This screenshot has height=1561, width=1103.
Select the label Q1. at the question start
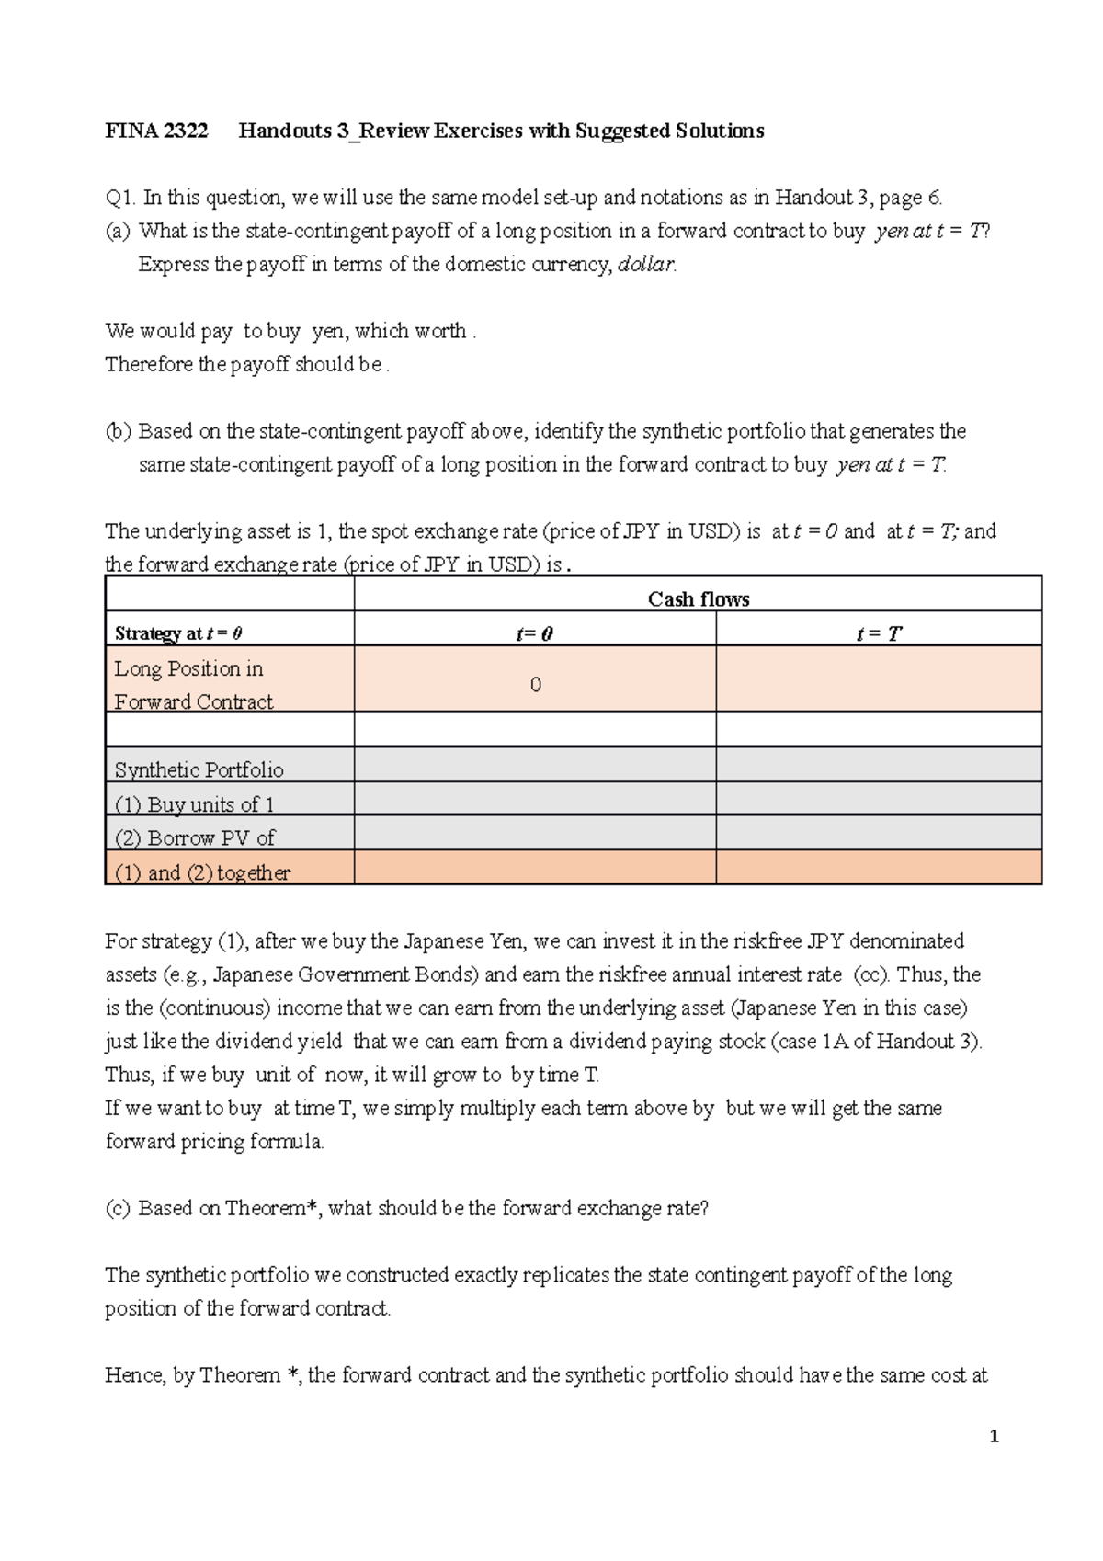tap(120, 198)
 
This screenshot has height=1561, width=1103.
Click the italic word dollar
tap(646, 265)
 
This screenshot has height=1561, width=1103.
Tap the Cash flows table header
tap(698, 599)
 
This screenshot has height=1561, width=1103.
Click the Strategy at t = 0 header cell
tap(178, 633)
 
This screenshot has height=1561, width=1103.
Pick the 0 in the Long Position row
tap(535, 685)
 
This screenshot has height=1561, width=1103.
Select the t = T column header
tap(879, 633)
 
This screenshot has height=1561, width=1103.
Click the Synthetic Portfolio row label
tap(199, 770)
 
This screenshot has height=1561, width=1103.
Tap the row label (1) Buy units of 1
tap(194, 804)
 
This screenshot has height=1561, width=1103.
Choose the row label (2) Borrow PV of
tap(194, 838)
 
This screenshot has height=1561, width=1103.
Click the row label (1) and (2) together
tap(202, 872)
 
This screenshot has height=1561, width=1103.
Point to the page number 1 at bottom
tap(994, 1437)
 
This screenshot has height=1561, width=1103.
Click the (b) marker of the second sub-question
tap(119, 431)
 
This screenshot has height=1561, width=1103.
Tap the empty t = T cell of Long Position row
tap(879, 679)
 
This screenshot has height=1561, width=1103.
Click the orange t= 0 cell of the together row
tap(535, 867)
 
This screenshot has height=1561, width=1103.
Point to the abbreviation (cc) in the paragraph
tap(871, 974)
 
